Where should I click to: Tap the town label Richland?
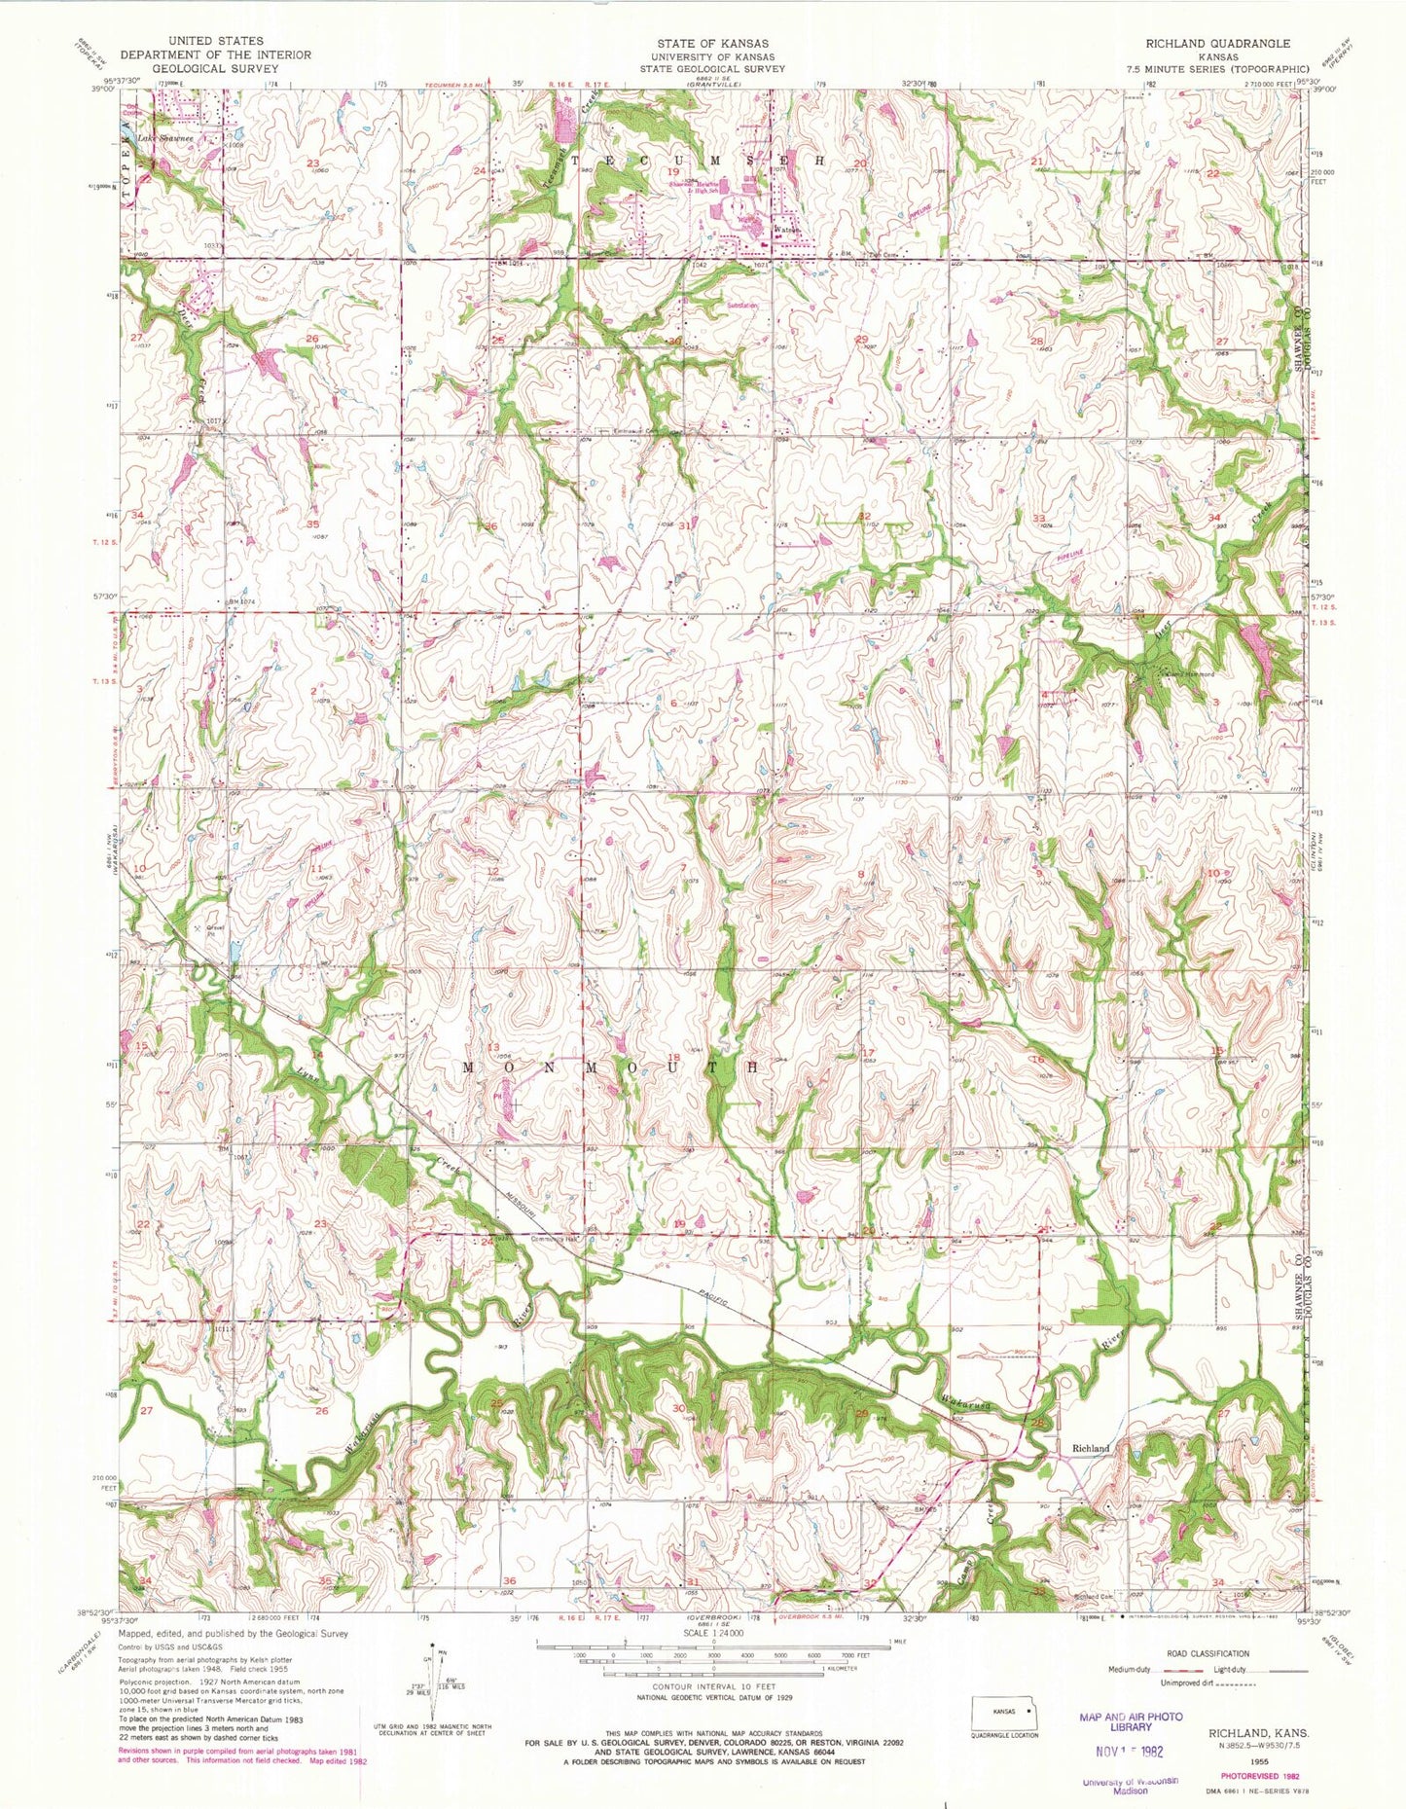(1091, 1448)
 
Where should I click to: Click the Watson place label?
(786, 231)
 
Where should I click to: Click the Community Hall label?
(555, 1239)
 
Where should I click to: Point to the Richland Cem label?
(1093, 1598)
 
